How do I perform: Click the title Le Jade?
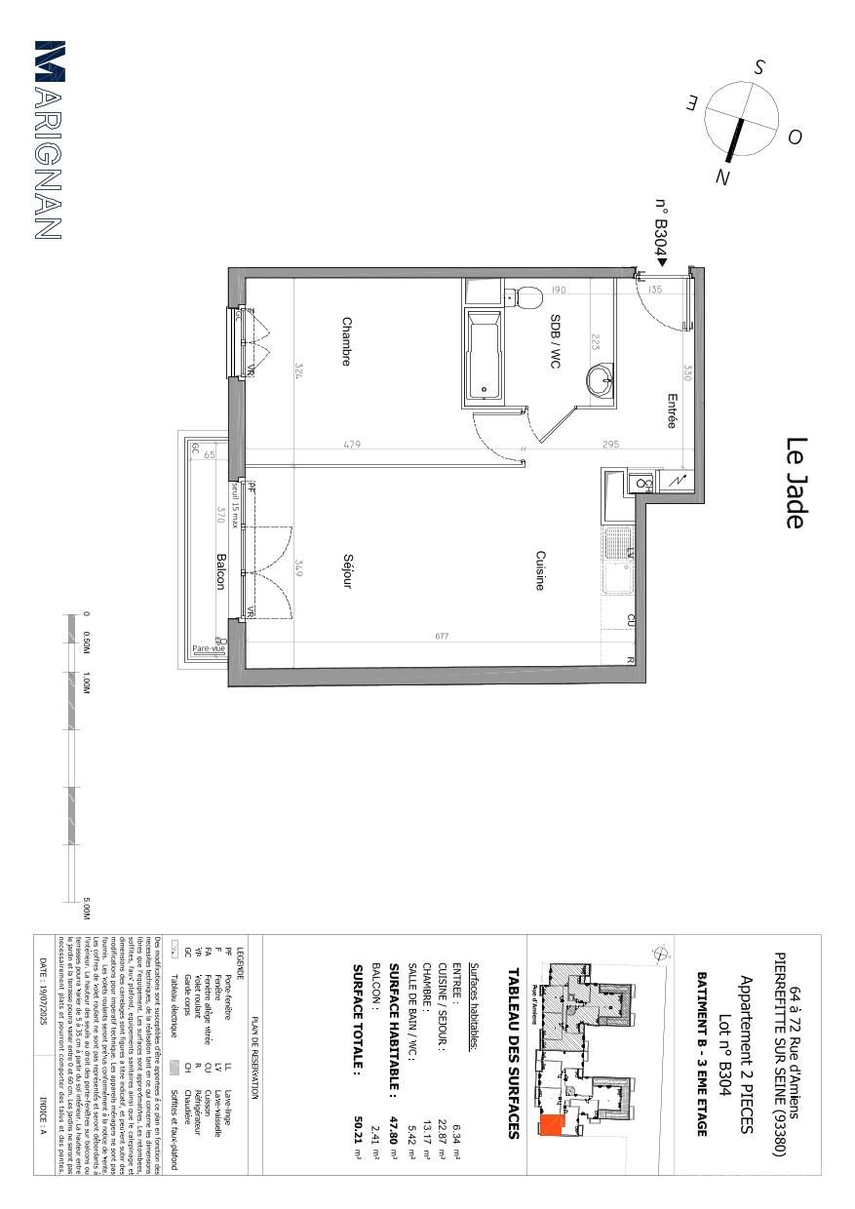795,483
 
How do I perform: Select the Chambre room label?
346,341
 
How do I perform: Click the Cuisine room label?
539,570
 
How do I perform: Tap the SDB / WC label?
555,341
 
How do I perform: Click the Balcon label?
220,571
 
